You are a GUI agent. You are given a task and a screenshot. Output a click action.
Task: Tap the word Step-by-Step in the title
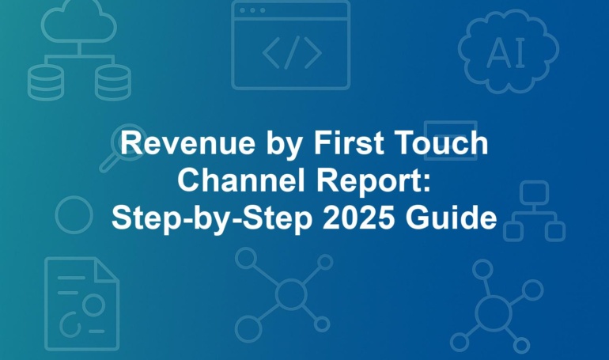click(x=212, y=218)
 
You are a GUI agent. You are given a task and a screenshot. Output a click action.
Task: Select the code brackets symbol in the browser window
click(x=292, y=52)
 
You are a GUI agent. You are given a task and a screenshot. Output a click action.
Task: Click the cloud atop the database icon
click(x=79, y=21)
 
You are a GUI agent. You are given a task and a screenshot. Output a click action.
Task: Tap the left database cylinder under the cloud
click(x=45, y=82)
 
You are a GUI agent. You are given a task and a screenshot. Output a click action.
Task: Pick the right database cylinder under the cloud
click(x=113, y=82)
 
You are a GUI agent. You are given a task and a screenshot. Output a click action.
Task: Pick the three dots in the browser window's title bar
click(x=252, y=10)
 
